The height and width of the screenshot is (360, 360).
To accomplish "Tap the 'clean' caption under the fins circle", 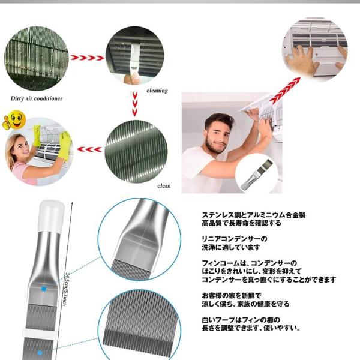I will pyautogui.click(x=164, y=185).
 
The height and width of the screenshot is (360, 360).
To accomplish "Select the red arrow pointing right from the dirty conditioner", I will pyautogui.click(x=88, y=58).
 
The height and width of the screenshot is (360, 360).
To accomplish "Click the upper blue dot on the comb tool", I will pyautogui.click(x=44, y=289).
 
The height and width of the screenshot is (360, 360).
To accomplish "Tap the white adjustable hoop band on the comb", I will pyautogui.click(x=41, y=331).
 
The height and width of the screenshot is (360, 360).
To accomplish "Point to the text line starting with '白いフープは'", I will pyautogui.click(x=240, y=320).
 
